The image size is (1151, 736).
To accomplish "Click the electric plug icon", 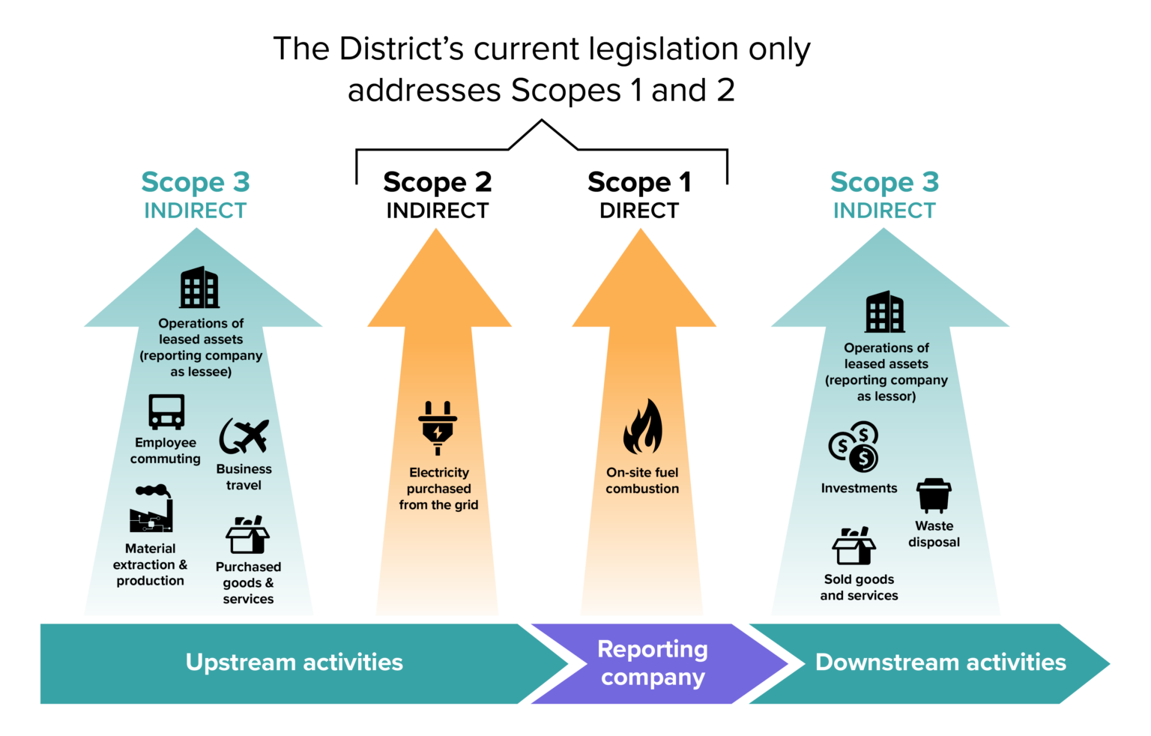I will tap(438, 428).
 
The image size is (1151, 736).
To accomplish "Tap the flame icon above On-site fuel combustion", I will tap(643, 427).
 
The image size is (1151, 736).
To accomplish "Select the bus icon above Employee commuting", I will tap(166, 411).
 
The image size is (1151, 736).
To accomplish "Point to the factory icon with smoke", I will tap(151, 510).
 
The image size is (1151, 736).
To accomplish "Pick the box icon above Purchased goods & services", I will tap(247, 535).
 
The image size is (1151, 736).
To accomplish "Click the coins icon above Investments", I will tap(854, 447).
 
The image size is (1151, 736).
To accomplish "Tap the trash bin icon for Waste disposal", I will tap(934, 495).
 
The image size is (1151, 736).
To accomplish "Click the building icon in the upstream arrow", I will tap(199, 288).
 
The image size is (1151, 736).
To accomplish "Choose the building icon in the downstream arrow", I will tap(885, 312).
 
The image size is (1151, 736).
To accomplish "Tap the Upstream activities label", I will tap(294, 663).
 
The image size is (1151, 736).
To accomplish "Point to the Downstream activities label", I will tap(940, 663).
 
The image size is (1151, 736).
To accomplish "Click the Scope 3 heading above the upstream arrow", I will tap(196, 182).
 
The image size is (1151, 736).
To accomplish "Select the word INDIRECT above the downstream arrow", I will tap(884, 211).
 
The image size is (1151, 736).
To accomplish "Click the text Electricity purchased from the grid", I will tap(439, 489).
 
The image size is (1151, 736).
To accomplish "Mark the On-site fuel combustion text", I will tap(642, 480).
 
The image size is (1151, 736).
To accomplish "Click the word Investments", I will tap(859, 489).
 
